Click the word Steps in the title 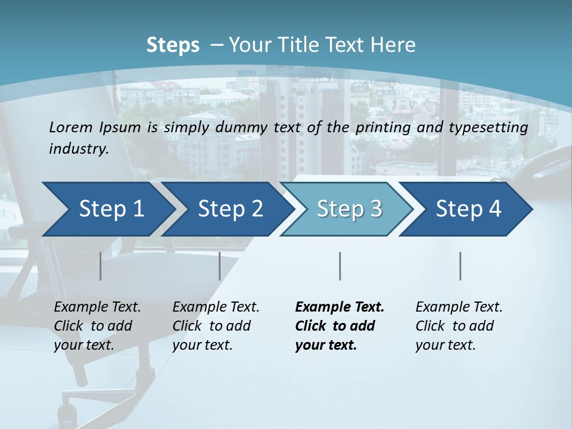tap(173, 45)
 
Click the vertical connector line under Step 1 tap(101, 266)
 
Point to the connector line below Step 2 tap(220, 266)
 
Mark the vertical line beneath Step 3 tap(340, 266)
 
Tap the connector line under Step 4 tap(461, 266)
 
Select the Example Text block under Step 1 tap(97, 326)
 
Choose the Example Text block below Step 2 tap(216, 326)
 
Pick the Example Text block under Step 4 tap(459, 326)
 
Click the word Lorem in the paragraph tap(71, 127)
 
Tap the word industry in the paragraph tap(79, 148)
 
